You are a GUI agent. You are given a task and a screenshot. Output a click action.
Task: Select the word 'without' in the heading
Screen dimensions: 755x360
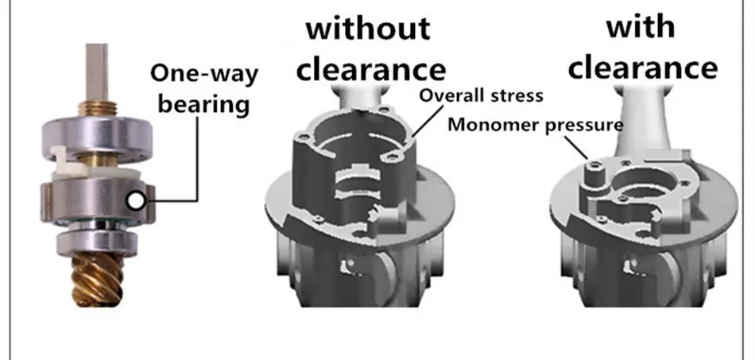coord(368,29)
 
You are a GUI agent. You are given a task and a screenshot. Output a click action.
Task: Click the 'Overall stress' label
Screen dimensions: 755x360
coord(481,95)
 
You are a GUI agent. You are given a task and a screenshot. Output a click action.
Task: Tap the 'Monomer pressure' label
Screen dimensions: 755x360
coord(536,124)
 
